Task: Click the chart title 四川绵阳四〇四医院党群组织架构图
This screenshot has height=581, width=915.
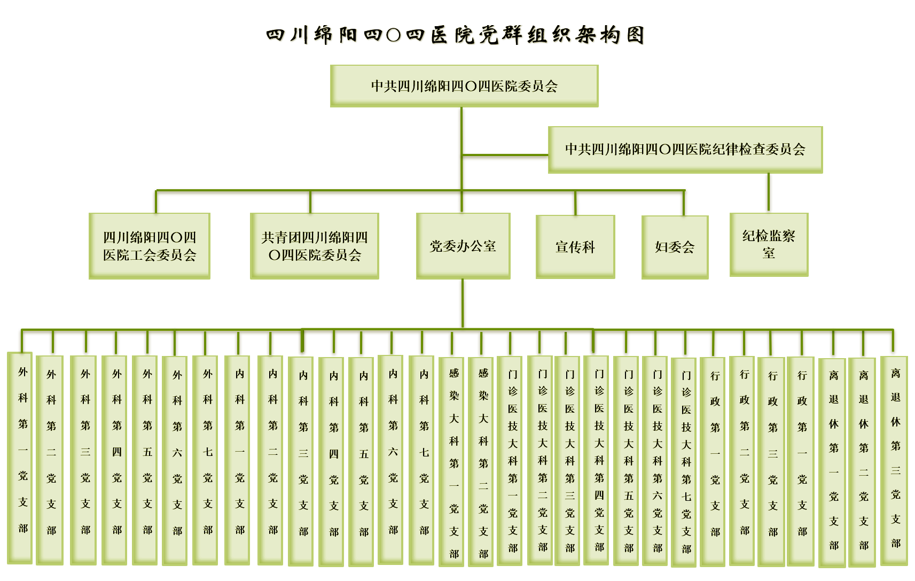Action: coord(456,35)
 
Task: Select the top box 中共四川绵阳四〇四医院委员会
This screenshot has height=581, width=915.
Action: coord(465,86)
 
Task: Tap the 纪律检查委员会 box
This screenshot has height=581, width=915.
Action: coord(685,150)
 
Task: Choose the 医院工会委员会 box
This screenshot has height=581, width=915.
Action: coord(150,246)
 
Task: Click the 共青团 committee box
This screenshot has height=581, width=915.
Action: coord(315,246)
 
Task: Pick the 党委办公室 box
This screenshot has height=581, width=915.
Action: coord(463,246)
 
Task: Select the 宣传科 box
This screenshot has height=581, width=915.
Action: coord(576,247)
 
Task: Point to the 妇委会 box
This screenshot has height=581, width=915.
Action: coord(675,247)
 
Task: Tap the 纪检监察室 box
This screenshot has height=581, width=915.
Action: coord(769,244)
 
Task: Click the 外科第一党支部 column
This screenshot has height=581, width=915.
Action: coord(20,458)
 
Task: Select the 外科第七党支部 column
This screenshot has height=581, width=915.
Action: coord(205,460)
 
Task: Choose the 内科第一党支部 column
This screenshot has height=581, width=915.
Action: coord(237,460)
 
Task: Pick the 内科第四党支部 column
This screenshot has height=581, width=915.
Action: coord(331,462)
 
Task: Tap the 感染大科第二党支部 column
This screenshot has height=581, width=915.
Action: coord(481,462)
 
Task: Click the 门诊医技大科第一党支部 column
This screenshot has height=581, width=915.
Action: coord(510,461)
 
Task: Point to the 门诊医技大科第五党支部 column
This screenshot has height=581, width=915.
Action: coord(626,461)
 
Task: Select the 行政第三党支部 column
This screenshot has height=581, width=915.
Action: coord(771,462)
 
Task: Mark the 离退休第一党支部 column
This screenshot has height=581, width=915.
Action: coord(832,463)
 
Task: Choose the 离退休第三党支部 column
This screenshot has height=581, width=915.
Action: coord(894,461)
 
